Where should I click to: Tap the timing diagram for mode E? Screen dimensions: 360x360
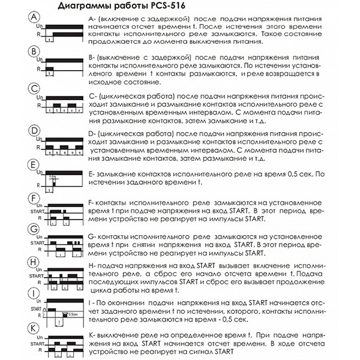[58, 180]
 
